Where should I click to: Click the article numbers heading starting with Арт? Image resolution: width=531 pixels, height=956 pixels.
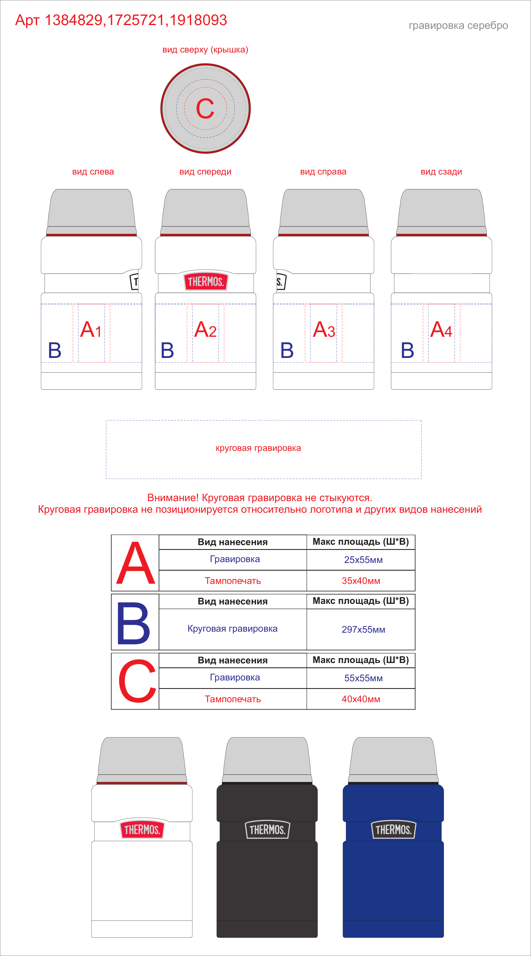[x=121, y=20]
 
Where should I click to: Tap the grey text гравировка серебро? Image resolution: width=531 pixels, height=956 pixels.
[x=458, y=26]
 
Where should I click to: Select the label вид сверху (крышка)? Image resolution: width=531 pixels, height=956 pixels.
[x=205, y=50]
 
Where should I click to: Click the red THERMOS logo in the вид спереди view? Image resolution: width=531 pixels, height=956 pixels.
[x=206, y=281]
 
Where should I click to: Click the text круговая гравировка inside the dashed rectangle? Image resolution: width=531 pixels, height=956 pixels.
[x=258, y=448]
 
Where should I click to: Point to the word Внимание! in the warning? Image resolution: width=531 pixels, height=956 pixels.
[x=173, y=498]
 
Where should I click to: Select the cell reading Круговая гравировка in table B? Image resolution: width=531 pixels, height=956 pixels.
[x=233, y=629]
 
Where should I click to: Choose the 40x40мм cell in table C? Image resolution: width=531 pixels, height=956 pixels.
[x=361, y=699]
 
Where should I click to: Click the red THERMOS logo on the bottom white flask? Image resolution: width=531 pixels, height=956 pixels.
[x=142, y=829]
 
